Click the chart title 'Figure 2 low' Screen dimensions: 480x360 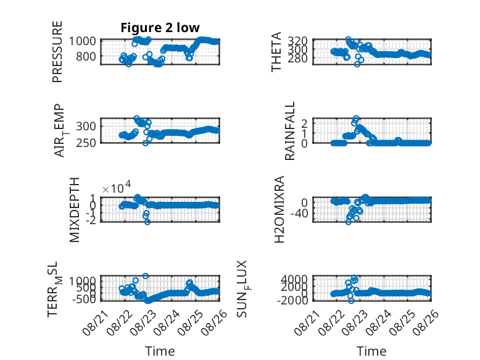pos(160,28)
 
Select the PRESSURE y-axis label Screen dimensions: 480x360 pos(57,52)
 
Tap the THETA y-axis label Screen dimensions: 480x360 pos(276,52)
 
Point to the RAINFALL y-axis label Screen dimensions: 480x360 pos(289,131)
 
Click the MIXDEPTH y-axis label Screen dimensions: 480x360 pos(75,209)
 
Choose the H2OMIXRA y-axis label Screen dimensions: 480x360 pos(279,209)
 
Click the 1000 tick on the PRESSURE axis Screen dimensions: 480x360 pos(82,41)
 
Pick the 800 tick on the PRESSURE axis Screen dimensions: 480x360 pos(85,56)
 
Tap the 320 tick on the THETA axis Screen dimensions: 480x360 pos(297,40)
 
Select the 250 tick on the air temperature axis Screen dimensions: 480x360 pos(85,143)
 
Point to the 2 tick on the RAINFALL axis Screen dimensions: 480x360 pos(304,123)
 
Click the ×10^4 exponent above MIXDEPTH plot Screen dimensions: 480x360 pos(117,188)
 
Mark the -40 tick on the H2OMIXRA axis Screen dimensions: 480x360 pos(299,213)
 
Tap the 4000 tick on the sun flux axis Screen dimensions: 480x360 pos(294,279)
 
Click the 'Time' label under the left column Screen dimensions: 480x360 pos(160,351)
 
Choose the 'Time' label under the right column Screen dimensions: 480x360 pos(371,351)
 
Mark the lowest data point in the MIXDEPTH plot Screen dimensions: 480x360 pos(147,222)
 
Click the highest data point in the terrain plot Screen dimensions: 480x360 pos(146,276)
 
